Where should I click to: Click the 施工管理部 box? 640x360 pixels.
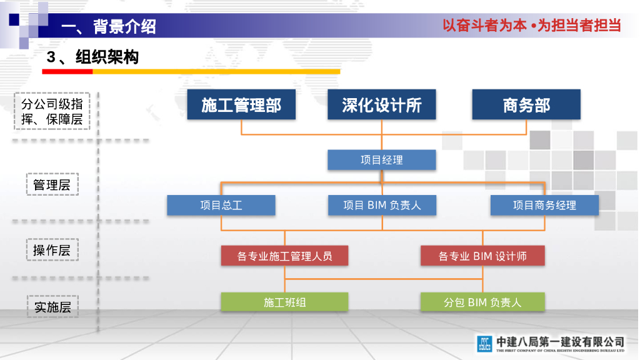pos(241,104)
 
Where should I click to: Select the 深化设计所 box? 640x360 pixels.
pos(381,104)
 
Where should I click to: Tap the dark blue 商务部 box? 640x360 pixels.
pos(526,104)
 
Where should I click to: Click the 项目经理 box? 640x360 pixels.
pos(381,160)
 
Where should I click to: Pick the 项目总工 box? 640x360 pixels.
pos(221,205)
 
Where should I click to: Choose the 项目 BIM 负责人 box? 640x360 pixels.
pos(381,205)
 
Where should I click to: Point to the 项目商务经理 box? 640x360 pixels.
pos(544,205)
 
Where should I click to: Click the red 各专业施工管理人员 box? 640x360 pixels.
pos(284,256)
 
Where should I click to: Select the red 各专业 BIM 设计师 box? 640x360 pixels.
pos(482,256)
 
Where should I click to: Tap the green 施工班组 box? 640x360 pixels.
pos(284,302)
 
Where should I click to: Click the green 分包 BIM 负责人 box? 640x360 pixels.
pos(482,302)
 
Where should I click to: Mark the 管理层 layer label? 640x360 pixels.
pos(52,185)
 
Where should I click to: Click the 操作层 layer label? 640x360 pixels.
pos(52,251)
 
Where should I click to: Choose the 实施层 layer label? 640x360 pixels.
pos(52,307)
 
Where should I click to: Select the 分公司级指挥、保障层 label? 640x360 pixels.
pos(52,111)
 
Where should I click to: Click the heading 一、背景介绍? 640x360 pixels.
pos(109,26)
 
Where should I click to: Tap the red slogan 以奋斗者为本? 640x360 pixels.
pos(484,26)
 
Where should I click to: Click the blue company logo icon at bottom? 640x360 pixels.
pos(484,343)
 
